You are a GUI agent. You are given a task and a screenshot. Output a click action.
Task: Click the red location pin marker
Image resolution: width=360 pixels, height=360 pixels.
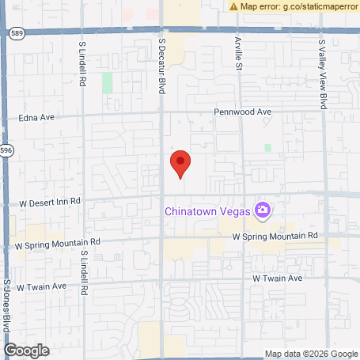[x=181, y=163]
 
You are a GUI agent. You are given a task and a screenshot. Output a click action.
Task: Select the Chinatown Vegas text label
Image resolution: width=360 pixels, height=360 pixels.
[x=207, y=210]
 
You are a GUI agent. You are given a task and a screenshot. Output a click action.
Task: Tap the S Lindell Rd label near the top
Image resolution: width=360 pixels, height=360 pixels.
[x=83, y=64]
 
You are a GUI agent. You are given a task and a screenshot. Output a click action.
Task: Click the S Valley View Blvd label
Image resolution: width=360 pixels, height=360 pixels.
[x=323, y=75]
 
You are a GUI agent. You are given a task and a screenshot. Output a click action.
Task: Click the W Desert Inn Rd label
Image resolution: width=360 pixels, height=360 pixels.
[x=48, y=202]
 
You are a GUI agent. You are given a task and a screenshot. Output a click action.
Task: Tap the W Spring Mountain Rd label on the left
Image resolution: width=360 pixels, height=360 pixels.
[x=57, y=243]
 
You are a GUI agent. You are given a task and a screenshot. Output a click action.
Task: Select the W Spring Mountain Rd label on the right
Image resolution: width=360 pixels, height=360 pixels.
[x=275, y=236]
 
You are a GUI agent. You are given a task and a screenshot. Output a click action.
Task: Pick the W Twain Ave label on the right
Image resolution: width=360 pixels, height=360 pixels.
[x=278, y=279]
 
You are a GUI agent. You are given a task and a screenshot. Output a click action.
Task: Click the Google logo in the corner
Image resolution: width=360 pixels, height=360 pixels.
[x=26, y=349]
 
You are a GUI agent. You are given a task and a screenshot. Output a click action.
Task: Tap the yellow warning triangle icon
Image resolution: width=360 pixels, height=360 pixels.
[x=234, y=6]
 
